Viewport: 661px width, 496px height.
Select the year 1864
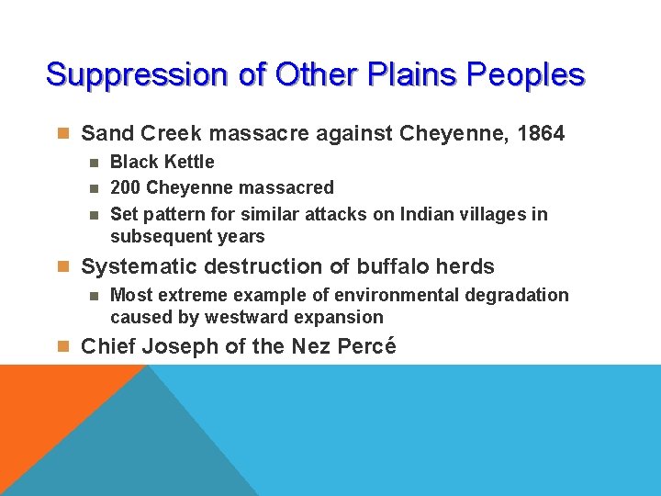(541, 134)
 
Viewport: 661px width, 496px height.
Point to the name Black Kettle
(162, 163)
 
